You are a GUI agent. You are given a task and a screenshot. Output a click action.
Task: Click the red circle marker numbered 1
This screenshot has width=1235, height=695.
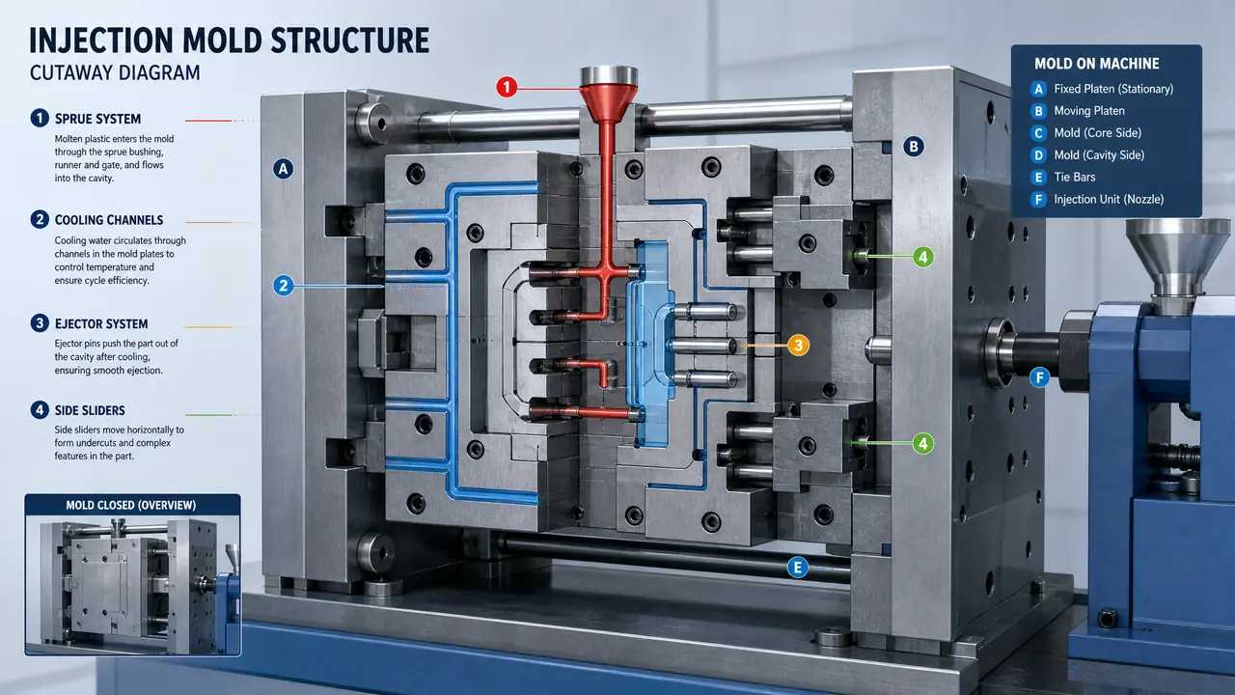point(507,87)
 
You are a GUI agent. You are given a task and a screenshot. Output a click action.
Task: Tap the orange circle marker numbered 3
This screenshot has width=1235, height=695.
point(798,346)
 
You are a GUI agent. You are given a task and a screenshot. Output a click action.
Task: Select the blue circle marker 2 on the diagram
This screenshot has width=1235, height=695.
point(284,286)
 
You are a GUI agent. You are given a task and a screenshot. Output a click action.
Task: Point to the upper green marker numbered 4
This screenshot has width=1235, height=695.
point(923,257)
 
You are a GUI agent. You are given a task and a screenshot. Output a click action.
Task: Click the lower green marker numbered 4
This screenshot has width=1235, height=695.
point(923,443)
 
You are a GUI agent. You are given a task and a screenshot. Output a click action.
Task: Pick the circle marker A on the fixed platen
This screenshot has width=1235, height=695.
point(284,169)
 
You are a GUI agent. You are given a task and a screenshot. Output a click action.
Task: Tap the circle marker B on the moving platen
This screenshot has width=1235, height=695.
point(914,147)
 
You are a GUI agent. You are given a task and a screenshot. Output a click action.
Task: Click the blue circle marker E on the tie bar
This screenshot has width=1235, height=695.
point(797,567)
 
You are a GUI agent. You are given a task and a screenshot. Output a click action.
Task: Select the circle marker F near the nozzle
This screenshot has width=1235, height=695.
point(1040,377)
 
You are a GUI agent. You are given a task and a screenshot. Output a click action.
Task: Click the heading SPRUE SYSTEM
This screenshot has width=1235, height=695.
point(97,119)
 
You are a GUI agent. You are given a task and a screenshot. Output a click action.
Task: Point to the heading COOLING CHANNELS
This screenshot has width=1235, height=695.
point(109,220)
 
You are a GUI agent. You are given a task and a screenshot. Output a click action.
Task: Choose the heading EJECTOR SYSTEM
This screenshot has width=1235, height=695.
point(101,323)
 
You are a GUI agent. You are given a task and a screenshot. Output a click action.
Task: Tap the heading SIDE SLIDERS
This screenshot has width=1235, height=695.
point(90,410)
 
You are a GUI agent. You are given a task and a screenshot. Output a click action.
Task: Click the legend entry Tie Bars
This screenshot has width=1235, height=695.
point(1075,177)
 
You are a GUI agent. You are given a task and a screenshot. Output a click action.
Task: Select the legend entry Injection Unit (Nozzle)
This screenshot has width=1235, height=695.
point(1109,199)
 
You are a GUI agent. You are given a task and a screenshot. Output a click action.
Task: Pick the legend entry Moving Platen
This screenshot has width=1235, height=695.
point(1089,111)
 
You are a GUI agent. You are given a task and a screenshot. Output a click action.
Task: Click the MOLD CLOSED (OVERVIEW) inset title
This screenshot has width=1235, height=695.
point(130,505)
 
